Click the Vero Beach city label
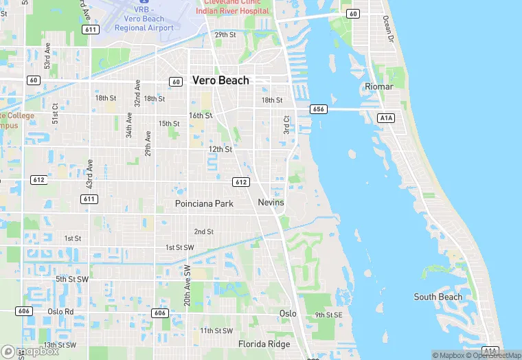(x=220, y=80)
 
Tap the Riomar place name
(x=379, y=87)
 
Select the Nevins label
(x=271, y=203)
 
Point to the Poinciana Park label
(x=204, y=204)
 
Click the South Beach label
(x=438, y=297)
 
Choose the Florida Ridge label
(x=264, y=344)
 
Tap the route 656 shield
(x=318, y=109)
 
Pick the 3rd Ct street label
(x=287, y=124)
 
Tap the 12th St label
(x=220, y=149)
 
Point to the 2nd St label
(x=204, y=232)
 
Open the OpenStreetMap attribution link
(x=492, y=355)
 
